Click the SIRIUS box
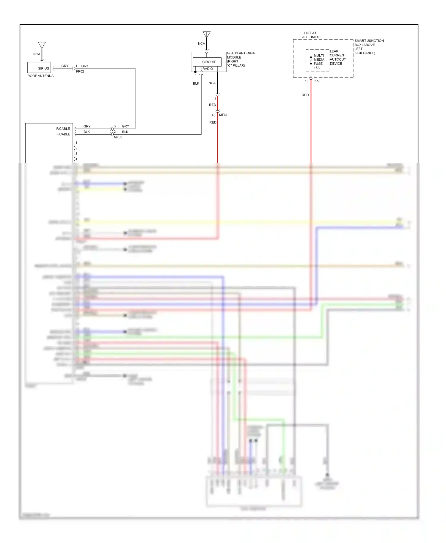pos(39,68)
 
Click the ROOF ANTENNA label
pos(40,76)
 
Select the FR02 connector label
pos(80,72)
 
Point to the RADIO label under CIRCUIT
pos(208,69)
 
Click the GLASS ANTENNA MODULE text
pos(241,59)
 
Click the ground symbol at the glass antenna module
pos(195,72)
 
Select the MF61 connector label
pos(223,115)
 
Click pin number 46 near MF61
pos(213,115)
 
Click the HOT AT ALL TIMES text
pos(310,35)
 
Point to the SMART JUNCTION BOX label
pos(369,47)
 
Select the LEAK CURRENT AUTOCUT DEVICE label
pos(337,57)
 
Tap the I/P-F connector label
pos(317,81)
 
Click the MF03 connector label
pos(118,137)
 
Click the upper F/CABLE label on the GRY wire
pos(63,129)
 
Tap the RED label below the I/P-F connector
pos(305,95)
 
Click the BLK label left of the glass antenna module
pos(196,83)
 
